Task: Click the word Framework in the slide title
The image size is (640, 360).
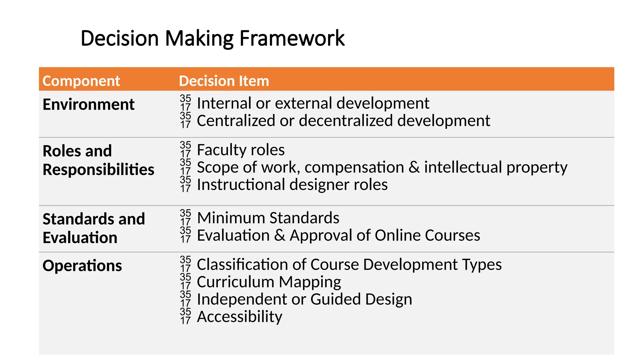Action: click(292, 38)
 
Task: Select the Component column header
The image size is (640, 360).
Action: click(81, 81)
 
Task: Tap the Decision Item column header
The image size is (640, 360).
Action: click(224, 81)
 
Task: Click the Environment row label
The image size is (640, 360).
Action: click(88, 104)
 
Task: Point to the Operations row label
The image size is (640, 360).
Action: click(82, 266)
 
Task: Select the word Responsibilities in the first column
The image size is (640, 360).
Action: click(98, 170)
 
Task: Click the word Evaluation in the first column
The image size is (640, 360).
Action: click(80, 237)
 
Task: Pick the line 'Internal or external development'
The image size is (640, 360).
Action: click(313, 103)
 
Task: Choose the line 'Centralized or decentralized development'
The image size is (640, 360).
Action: click(343, 121)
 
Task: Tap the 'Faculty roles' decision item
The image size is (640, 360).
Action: click(241, 150)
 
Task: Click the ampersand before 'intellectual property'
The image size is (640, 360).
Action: click(414, 167)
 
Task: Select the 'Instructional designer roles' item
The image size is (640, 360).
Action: click(292, 185)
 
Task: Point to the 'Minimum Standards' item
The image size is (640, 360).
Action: click(268, 218)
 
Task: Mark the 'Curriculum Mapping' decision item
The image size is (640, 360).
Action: click(269, 282)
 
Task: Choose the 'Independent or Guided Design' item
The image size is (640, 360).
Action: click(304, 299)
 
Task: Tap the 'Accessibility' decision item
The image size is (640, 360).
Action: click(239, 317)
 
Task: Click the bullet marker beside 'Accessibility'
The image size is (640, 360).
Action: click(185, 316)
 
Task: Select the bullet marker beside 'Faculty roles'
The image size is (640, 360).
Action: click(185, 150)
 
